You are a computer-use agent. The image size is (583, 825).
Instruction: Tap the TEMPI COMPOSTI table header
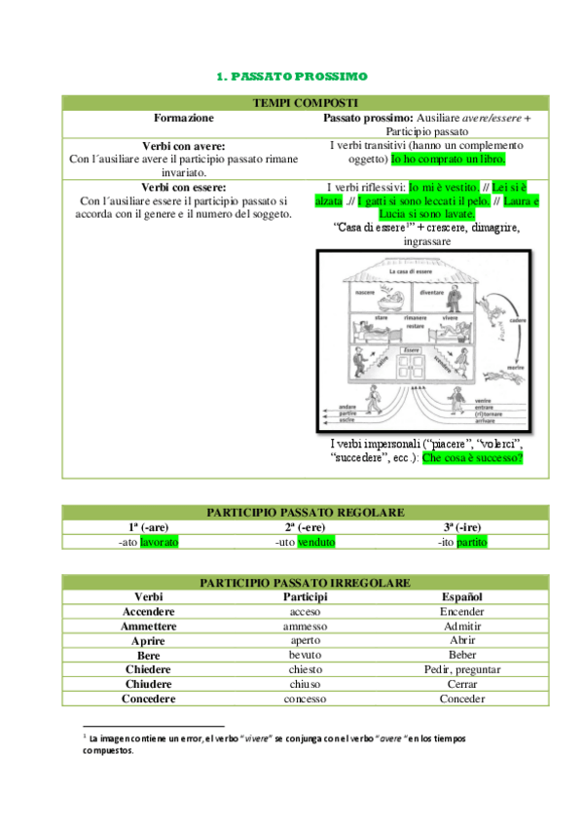tap(291, 102)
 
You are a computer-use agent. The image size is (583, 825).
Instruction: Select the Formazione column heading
tap(183, 117)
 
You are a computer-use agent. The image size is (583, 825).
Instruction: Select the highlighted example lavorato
tap(160, 541)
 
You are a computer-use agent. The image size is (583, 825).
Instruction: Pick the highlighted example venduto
tap(317, 541)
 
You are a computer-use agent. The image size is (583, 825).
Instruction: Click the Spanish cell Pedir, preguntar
tap(462, 669)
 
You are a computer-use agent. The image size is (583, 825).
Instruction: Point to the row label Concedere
tap(149, 699)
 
